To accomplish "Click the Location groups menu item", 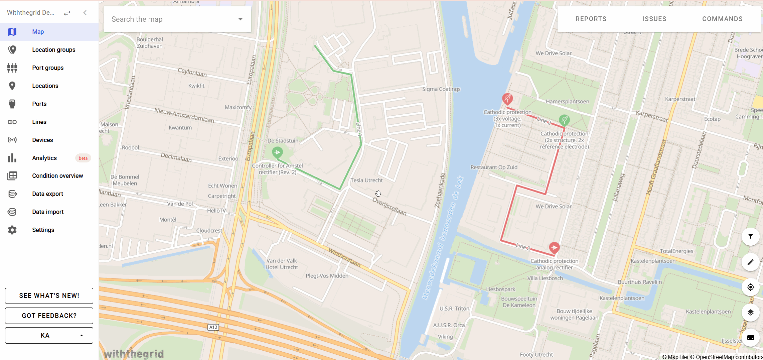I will [53, 50].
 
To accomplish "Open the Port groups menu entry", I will [48, 68].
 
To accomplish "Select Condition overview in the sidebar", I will [57, 176].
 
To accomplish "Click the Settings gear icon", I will [12, 230].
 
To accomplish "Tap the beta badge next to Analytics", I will [83, 158].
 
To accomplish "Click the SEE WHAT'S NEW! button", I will [49, 296].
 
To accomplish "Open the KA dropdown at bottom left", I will [49, 335].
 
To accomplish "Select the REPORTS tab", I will [591, 19].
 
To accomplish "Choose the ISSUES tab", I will [654, 19].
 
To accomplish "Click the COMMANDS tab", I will [722, 19].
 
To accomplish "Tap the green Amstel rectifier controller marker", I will [277, 152].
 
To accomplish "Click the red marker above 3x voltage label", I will [507, 98].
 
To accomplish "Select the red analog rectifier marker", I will [554, 247].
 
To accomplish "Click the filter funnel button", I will [750, 237].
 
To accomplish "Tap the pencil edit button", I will [750, 262].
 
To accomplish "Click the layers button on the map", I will [750, 313].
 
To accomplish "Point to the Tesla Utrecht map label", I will [366, 181].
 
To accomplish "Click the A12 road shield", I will [213, 327].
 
